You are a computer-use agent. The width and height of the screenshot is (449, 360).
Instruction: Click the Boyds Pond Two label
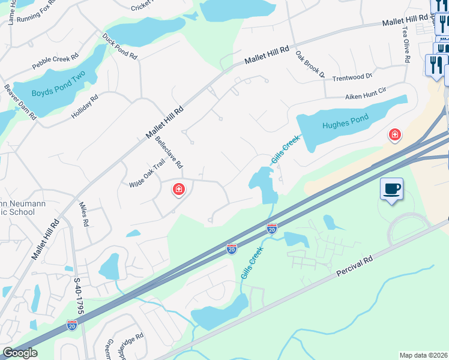tap(58, 86)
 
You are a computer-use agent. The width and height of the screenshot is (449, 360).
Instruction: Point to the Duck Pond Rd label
tap(119, 46)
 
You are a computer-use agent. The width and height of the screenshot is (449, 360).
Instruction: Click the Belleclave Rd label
tap(169, 152)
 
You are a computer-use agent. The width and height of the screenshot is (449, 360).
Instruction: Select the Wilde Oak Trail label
tap(147, 173)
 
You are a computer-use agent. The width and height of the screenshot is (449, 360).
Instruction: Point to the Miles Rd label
tap(84, 214)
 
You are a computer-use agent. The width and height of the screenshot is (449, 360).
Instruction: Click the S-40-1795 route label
tap(77, 296)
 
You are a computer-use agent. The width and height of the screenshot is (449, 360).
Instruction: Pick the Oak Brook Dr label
tap(309, 65)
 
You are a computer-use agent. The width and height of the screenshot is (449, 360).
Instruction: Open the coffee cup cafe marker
tap(391, 190)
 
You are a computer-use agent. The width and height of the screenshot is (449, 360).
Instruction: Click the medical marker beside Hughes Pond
tap(394, 135)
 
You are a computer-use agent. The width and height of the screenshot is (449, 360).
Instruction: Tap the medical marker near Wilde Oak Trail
tap(178, 190)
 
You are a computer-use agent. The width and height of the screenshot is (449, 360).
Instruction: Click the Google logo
tap(20, 353)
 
